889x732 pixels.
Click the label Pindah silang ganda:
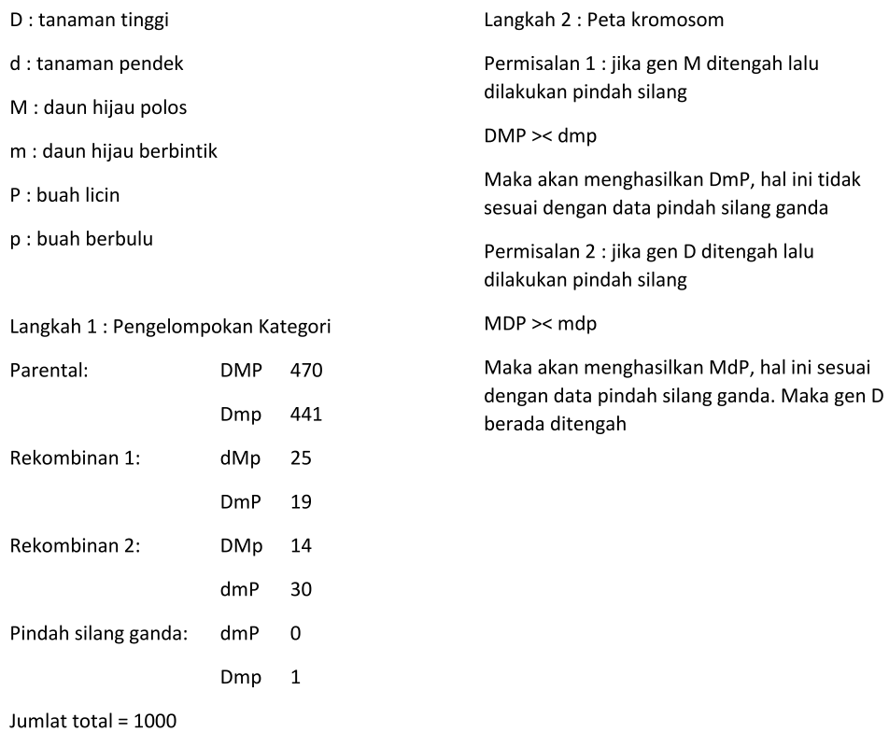coord(99,633)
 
